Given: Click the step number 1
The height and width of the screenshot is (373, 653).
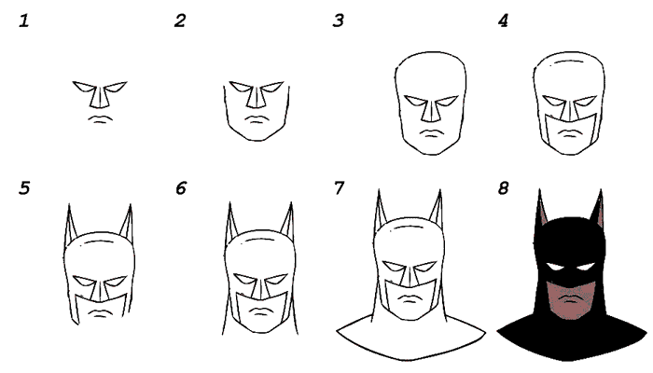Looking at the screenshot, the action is click(24, 21).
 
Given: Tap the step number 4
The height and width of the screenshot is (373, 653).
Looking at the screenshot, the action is click(503, 21).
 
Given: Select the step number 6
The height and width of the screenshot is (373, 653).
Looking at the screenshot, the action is click(181, 188).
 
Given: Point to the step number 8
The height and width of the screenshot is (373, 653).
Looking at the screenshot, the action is click(503, 188).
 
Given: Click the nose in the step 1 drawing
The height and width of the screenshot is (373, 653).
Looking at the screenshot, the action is click(100, 97).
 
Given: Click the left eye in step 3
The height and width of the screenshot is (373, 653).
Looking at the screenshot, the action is click(415, 101).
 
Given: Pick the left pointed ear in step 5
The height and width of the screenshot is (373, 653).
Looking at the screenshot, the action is click(71, 222).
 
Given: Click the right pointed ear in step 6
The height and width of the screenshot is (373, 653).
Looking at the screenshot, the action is click(287, 221).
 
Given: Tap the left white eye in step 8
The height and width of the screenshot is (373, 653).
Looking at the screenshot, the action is click(556, 267).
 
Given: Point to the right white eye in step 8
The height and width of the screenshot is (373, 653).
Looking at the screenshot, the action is click(587, 267).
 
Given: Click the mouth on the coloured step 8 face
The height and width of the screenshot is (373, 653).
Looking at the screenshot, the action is click(572, 299).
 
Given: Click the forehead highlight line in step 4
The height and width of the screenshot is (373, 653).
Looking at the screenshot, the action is click(569, 62).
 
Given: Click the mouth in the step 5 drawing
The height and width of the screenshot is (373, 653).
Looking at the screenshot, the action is click(99, 313).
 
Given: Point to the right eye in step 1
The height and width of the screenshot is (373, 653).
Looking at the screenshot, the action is click(116, 87).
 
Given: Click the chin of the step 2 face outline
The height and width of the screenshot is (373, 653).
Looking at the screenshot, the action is click(257, 139).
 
